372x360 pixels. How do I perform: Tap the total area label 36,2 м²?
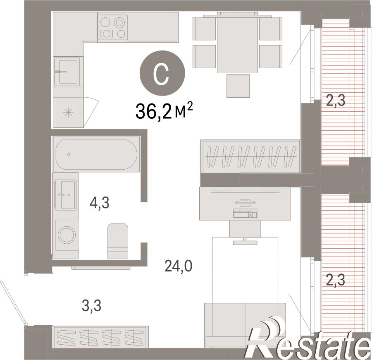click(x=164, y=112)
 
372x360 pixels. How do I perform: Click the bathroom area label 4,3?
click(x=99, y=203)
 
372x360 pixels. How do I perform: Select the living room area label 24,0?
click(x=179, y=266)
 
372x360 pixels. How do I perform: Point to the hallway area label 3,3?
click(x=92, y=306)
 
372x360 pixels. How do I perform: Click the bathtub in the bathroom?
click(x=96, y=154)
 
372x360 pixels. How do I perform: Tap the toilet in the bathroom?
click(x=118, y=241)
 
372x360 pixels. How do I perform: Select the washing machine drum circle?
click(x=67, y=235)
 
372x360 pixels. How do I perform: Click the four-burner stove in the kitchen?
click(x=113, y=28)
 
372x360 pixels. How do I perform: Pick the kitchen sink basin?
click(x=68, y=72)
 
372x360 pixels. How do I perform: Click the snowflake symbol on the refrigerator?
click(x=68, y=112)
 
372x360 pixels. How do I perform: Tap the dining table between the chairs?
click(x=237, y=45)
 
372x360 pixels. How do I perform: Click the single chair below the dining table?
click(x=238, y=86)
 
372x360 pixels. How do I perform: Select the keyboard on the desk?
click(x=245, y=213)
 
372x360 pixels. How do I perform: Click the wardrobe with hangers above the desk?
click(x=250, y=156)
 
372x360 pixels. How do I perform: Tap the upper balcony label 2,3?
click(x=336, y=101)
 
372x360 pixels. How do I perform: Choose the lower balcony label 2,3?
click(x=336, y=281)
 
